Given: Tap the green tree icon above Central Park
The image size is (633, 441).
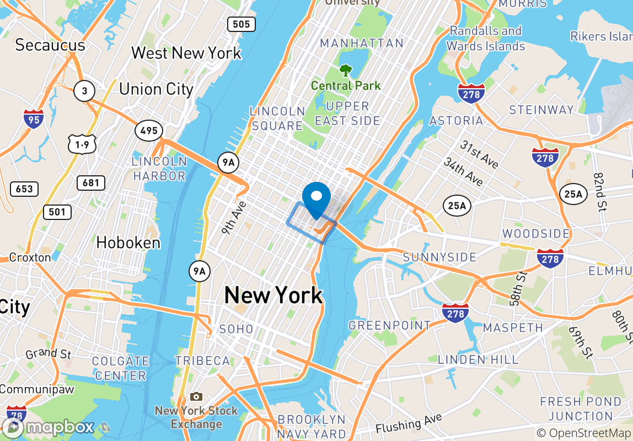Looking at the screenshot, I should pyautogui.click(x=346, y=71).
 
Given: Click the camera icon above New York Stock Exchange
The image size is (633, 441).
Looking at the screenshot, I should pyautogui.click(x=196, y=397).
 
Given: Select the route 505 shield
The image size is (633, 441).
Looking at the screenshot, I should pyautogui.click(x=241, y=24).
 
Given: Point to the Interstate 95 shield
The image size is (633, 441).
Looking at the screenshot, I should pyautogui.click(x=34, y=119).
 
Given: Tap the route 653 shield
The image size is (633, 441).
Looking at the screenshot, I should pyautogui.click(x=24, y=189).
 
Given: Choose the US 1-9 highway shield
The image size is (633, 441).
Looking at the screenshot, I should pyautogui.click(x=82, y=145).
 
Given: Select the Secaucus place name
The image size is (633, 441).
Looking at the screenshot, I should pyautogui.click(x=50, y=45).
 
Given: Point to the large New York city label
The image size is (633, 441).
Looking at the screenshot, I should pyautogui.click(x=273, y=296).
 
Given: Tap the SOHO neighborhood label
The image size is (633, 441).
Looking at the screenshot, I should pyautogui.click(x=237, y=329).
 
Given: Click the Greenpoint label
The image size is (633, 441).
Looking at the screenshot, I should pyautogui.click(x=390, y=325).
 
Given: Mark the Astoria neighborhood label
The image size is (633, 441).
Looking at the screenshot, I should pyautogui.click(x=456, y=120).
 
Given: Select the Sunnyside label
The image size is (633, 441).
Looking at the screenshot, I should pyautogui.click(x=439, y=257).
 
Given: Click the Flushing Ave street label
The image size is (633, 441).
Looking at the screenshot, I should pyautogui.click(x=409, y=424).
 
